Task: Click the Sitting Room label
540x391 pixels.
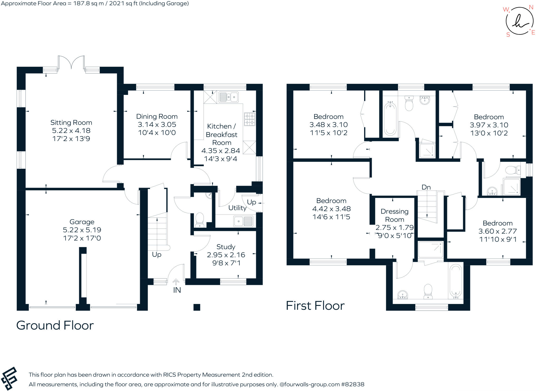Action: [71, 123]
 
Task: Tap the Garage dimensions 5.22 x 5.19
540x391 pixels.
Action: [82, 230]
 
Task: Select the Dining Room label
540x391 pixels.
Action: [157, 117]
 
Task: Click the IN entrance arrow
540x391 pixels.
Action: [176, 282]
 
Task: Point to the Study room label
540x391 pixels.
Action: [226, 247]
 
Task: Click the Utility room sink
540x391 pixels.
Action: [243, 221]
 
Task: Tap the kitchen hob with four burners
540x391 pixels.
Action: [249, 119]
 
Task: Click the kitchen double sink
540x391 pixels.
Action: [228, 97]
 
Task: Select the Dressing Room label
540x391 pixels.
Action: [394, 215]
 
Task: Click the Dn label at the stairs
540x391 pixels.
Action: [426, 187]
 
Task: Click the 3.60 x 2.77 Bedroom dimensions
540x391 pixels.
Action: [498, 231]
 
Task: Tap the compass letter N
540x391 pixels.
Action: [531, 7]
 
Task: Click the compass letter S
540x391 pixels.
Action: [508, 35]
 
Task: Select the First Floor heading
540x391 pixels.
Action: [315, 306]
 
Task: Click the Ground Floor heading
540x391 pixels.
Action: [55, 325]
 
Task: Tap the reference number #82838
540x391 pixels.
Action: [353, 384]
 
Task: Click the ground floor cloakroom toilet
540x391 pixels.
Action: [200, 219]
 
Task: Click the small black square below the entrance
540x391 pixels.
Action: [197, 307]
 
